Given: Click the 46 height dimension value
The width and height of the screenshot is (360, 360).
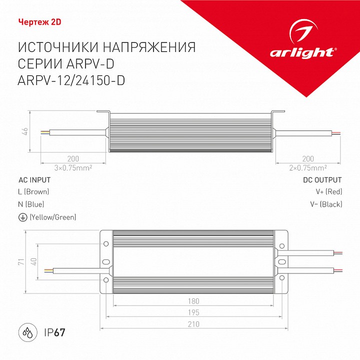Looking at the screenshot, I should point(25,131).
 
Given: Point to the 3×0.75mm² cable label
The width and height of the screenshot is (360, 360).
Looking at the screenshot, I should point(73,167).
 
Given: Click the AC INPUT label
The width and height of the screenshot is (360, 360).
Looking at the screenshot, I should point(34,180).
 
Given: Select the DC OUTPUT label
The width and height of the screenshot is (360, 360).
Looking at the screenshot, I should point(322,180).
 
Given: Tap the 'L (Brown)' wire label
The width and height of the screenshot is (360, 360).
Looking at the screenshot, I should point(33,192).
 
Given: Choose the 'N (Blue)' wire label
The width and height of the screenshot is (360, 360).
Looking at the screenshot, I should point(31,204).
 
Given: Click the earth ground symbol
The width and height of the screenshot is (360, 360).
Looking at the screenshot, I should point(22,217).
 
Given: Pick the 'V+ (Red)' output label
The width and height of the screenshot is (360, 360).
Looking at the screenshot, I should point(328,192).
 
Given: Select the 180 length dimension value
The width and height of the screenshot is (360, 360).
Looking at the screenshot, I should point(194,301).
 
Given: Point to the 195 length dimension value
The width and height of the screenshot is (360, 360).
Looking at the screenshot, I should point(194,312).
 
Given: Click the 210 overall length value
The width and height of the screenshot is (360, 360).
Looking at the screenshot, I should point(194,324).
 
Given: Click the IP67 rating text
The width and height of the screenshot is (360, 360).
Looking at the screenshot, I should point(55,332).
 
